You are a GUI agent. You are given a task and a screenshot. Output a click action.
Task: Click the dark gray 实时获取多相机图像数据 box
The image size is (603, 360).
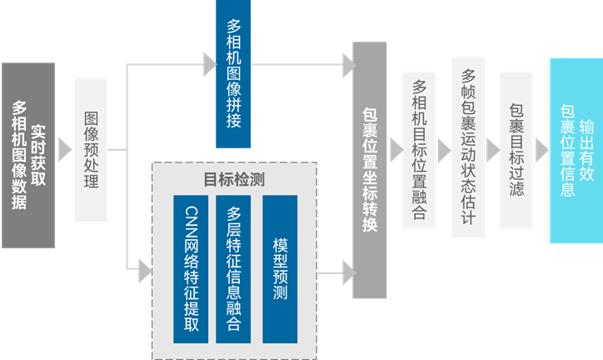[28, 155]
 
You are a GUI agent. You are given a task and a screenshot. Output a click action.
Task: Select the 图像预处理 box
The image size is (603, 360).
[91, 150]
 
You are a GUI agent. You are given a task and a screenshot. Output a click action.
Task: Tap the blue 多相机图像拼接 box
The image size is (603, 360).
[233, 74]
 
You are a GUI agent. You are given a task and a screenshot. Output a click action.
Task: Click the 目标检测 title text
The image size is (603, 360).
[234, 179]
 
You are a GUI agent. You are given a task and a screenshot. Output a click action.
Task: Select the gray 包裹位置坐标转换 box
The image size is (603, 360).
[370, 170]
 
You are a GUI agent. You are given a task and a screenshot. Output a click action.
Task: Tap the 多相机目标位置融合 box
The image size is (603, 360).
[419, 150]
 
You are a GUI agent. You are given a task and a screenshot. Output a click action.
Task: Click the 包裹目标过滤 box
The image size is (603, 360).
[516, 150]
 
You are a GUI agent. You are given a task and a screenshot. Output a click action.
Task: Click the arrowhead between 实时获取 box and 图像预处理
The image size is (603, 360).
[64, 150]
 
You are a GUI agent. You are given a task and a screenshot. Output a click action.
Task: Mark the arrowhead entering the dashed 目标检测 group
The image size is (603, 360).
[144, 267]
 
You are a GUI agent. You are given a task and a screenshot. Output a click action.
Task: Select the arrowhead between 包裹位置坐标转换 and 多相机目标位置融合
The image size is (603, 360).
[394, 150]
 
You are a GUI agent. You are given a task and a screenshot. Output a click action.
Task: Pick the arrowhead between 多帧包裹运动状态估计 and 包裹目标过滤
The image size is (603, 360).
[492, 150]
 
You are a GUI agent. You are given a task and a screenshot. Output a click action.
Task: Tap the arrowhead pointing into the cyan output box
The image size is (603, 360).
[541, 150]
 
